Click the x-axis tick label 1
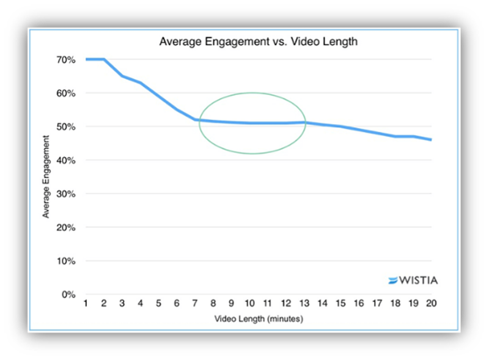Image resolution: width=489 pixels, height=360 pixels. pos(86,304)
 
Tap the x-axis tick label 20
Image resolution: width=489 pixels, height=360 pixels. pos(431,304)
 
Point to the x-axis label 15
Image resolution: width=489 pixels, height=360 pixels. pos(340,304)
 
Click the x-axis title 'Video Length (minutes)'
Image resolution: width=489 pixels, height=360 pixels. pos(259,319)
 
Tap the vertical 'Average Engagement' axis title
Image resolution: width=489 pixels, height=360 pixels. pos(46,177)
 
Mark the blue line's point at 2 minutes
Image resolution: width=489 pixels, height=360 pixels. pos(105,59)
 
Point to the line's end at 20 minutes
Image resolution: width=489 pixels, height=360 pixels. pos(431,140)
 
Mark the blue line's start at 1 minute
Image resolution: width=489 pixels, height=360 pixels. pos(86,59)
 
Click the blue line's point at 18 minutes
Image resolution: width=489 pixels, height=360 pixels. pos(395,136)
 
